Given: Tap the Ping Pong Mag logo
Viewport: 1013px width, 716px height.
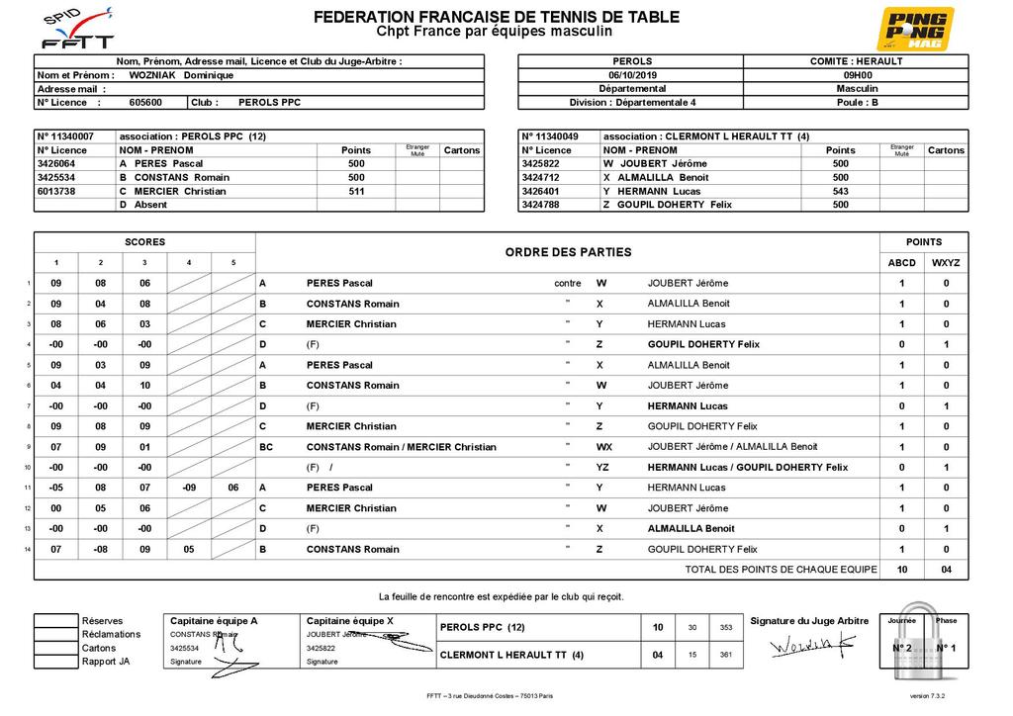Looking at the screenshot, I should tap(917, 28).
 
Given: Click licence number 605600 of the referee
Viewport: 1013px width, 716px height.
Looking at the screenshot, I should tap(145, 102).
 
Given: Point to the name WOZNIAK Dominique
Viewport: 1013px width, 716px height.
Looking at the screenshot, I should tap(181, 75).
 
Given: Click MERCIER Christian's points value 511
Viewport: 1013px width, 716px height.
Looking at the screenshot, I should tap(356, 191).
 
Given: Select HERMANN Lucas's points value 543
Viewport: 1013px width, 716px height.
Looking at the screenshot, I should tap(840, 191).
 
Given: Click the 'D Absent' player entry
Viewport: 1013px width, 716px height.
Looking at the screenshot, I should tap(144, 205).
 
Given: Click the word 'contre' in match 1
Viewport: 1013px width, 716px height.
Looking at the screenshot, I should tap(568, 283).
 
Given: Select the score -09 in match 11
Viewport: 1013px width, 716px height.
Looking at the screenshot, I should tap(189, 488).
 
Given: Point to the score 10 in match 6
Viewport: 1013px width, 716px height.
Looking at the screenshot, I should tap(144, 386).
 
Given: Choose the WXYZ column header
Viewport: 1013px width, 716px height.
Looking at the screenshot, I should tap(946, 263).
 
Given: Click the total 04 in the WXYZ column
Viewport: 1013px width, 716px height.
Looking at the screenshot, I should tap(946, 570).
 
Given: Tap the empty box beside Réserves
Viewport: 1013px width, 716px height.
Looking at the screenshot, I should tap(55, 621).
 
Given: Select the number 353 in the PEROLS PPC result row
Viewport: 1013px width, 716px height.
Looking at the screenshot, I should tap(726, 627).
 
